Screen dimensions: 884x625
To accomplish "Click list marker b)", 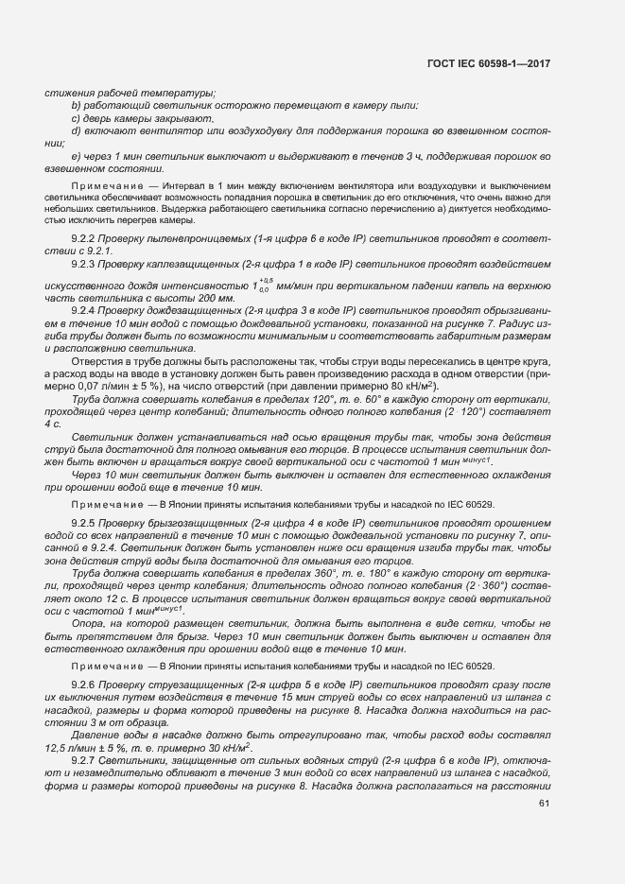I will pos(76,106).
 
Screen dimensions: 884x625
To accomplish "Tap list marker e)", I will pos(76,155).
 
